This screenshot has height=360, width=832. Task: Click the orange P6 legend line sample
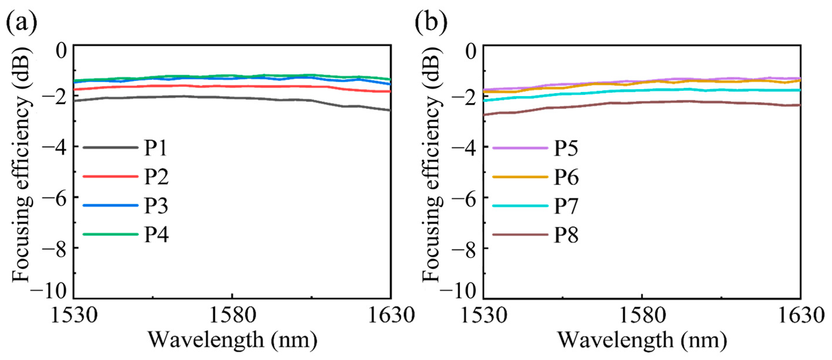(x=520, y=177)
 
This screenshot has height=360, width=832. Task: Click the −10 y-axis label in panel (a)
(x=48, y=291)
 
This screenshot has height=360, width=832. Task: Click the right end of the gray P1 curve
(x=390, y=110)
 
